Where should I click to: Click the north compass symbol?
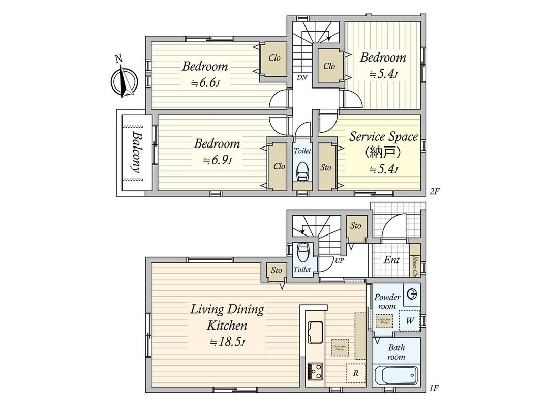tap(123, 80)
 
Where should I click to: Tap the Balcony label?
tap(135, 153)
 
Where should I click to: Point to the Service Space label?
tap(383, 136)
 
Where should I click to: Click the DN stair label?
tap(302, 77)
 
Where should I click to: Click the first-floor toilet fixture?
tap(302, 251)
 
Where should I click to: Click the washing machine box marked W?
tap(409, 321)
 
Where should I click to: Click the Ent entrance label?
tap(391, 260)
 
